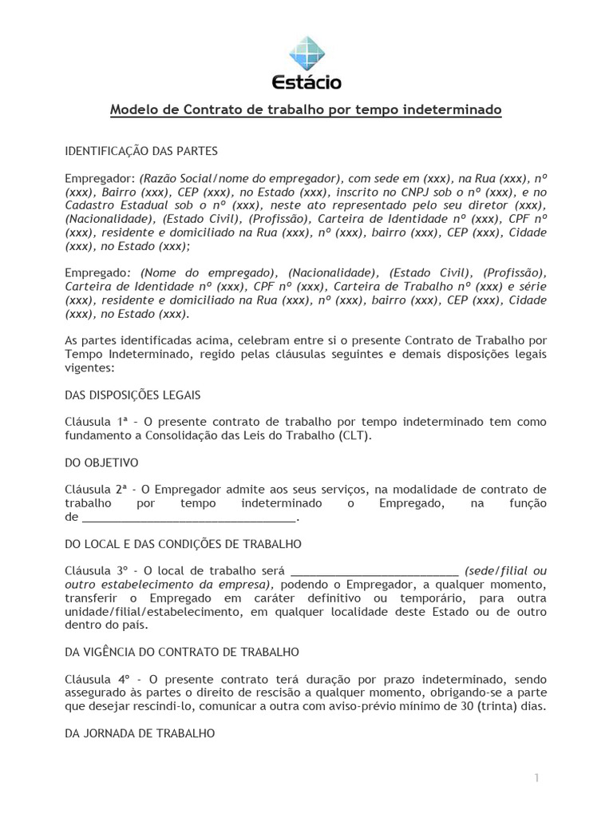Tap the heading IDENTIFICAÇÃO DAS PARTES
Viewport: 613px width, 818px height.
pos(140,149)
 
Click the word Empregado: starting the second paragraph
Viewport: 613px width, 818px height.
pos(97,272)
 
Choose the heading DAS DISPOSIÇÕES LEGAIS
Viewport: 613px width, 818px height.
pos(132,395)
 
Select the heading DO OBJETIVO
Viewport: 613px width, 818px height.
pos(101,463)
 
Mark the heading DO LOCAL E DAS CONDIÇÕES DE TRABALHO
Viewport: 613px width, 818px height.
pos(183,544)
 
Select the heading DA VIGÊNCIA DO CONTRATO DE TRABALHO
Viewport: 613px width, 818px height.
pos(181,653)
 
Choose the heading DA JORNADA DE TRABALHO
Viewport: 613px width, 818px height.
pos(139,733)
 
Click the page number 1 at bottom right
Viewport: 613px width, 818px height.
pos(538,778)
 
